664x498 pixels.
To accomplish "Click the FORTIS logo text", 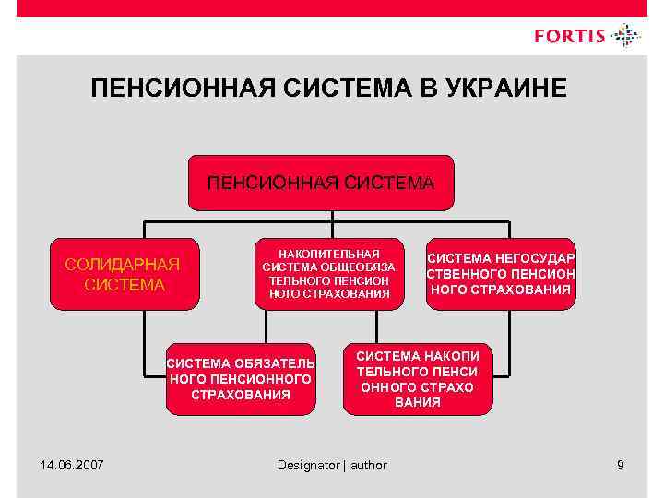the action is pos(570,37).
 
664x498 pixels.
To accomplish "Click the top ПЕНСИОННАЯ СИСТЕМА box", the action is pos(320,183).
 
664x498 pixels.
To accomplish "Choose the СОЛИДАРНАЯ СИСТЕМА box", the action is pos(124,275).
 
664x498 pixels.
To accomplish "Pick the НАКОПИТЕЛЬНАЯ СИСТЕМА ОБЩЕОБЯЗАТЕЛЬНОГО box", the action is pos(329,274).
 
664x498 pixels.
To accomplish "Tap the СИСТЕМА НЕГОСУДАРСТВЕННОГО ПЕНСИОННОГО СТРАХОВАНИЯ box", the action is pos(501,274).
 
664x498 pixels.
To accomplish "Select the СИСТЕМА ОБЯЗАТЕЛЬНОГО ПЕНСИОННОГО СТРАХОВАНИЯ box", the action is pos(240,379).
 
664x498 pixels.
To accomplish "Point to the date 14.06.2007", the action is pos(72,465).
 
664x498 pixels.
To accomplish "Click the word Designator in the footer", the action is pos(309,466).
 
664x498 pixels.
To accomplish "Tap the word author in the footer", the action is pos(368,466).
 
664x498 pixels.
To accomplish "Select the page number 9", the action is pos(621,465).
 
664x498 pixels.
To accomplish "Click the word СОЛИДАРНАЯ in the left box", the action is pos(123,266).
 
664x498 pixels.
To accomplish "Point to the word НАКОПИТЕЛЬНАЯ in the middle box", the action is pos(329,254).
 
